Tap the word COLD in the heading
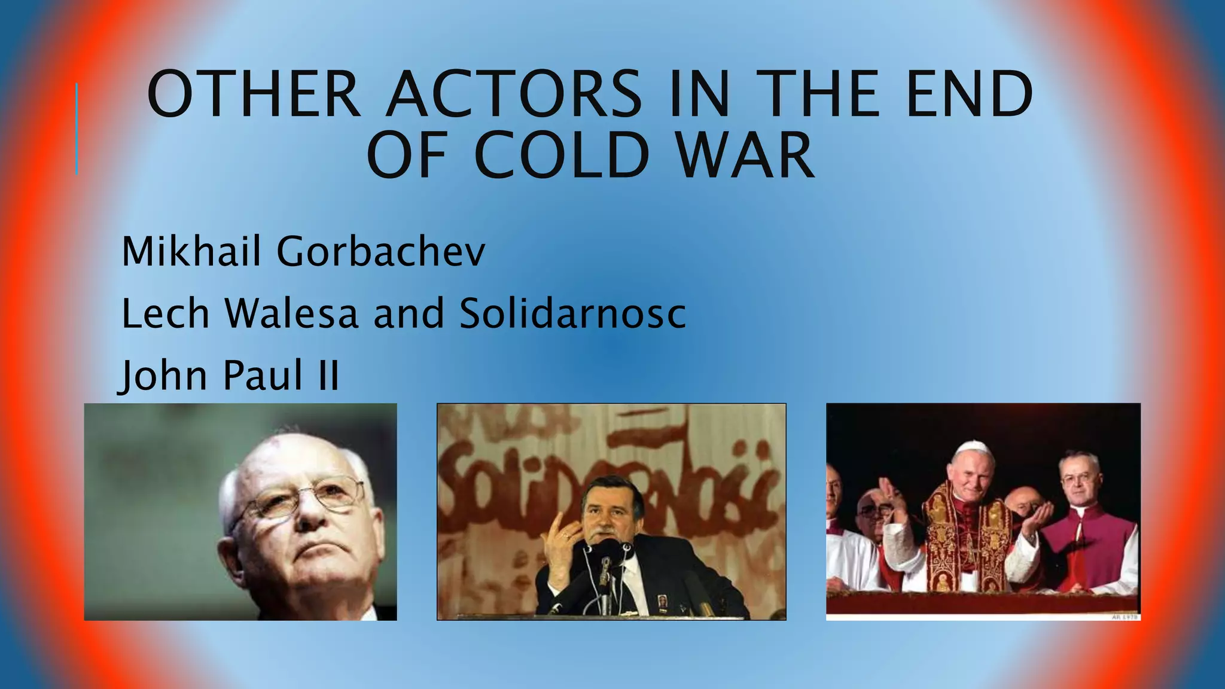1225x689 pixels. coord(562,155)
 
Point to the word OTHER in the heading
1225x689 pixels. coord(254,94)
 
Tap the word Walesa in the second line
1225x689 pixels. coord(291,313)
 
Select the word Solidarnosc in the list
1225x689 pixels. coord(572,313)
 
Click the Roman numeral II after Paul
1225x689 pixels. coord(328,376)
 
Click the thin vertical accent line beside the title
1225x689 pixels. coord(77,129)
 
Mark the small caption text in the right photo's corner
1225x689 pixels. coord(1125,617)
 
